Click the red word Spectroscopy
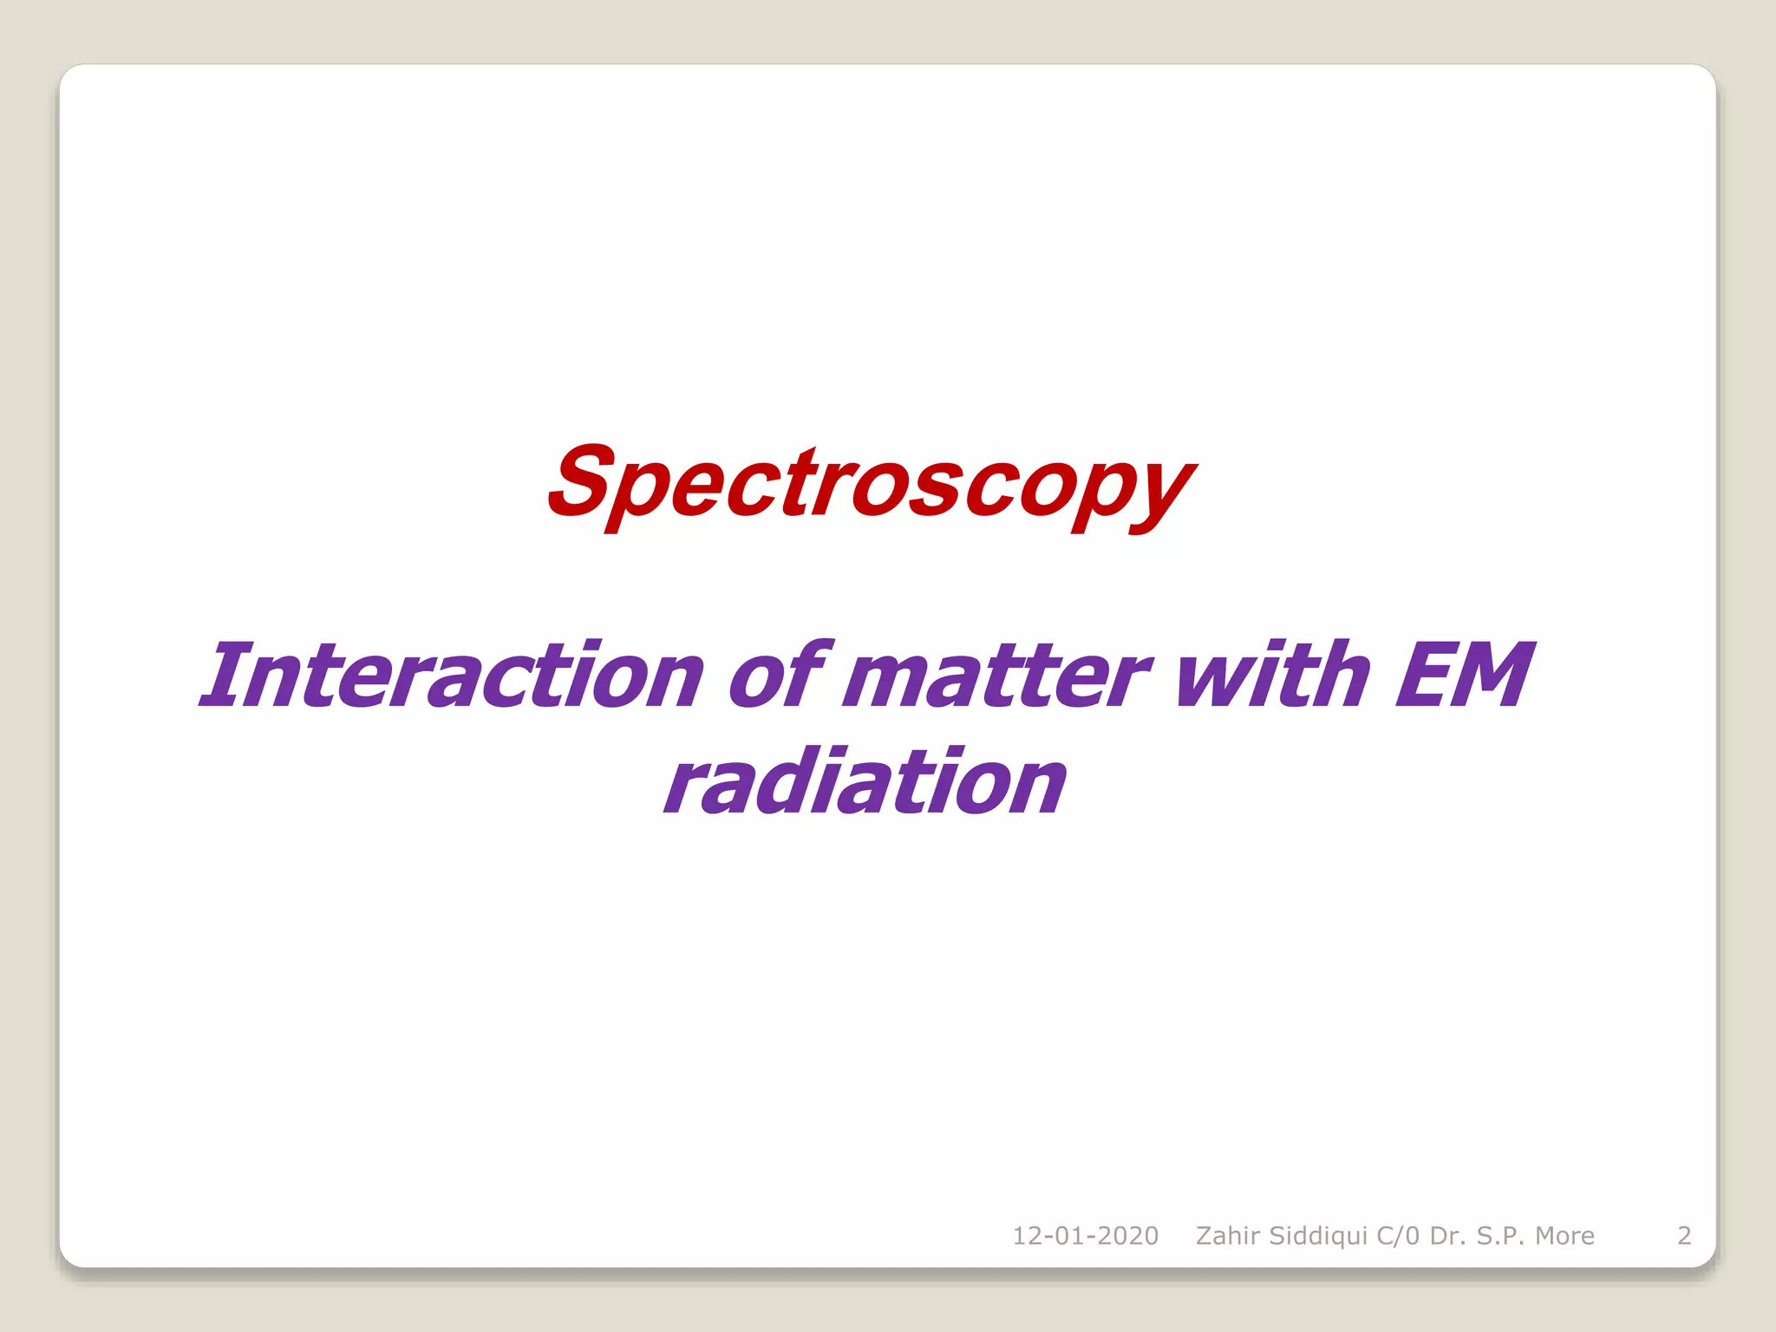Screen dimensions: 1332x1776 (x=871, y=486)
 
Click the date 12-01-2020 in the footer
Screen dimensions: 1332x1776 (x=1085, y=1236)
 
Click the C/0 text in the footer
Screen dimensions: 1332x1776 (x=1399, y=1236)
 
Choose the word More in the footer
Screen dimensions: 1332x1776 (x=1564, y=1236)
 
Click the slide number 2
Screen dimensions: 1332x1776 (x=1684, y=1236)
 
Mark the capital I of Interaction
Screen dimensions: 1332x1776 (x=222, y=675)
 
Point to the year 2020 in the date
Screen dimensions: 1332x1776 (x=1126, y=1236)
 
